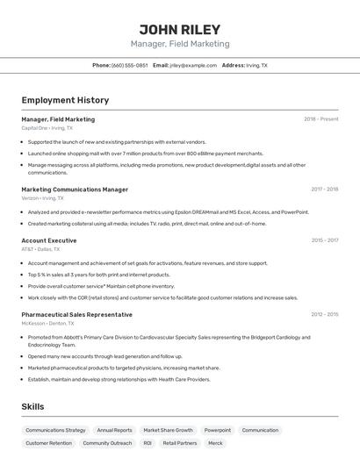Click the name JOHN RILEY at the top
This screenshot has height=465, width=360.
click(x=180, y=29)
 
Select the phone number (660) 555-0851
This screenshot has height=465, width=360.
click(x=130, y=65)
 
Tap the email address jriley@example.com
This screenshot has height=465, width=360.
click(x=193, y=65)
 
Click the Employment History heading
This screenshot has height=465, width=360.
click(x=65, y=100)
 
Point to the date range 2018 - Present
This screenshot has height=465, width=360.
click(x=320, y=119)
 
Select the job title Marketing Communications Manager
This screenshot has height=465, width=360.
click(x=75, y=190)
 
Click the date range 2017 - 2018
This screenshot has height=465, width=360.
click(x=324, y=190)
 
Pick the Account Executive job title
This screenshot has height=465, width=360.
click(x=49, y=240)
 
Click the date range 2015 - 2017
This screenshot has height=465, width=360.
click(x=324, y=240)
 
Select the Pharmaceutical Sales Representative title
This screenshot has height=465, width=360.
click(x=77, y=314)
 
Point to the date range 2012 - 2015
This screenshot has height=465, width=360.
click(x=324, y=314)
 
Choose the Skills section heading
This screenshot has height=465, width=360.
click(x=32, y=406)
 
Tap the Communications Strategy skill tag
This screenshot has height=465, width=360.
click(x=55, y=431)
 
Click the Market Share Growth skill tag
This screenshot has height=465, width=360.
click(x=168, y=431)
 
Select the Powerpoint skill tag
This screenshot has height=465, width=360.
click(x=218, y=431)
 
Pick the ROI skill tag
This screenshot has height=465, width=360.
click(x=148, y=443)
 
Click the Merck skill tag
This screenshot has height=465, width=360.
click(x=215, y=443)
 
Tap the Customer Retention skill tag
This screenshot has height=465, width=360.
click(x=48, y=443)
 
